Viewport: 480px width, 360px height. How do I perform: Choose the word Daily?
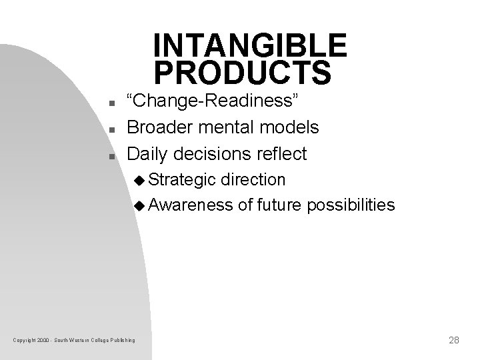click(147, 154)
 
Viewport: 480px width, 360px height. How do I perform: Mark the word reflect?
click(279, 154)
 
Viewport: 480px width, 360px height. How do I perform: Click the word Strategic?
click(182, 180)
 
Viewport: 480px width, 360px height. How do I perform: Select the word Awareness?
click(190, 205)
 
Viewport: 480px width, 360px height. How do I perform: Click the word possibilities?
click(351, 205)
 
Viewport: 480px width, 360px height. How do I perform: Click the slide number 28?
click(454, 340)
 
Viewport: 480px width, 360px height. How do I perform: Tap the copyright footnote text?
click(74, 341)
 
